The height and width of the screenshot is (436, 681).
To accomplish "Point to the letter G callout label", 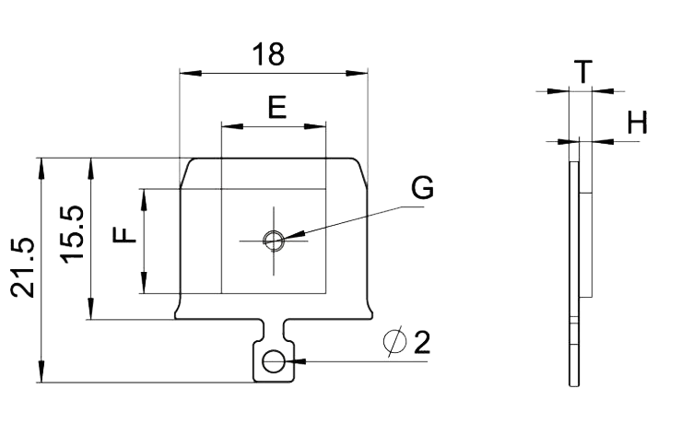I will click(x=422, y=188).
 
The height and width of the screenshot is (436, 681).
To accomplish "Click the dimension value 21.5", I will click(x=22, y=268).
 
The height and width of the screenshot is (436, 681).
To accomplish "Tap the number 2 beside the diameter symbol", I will click(x=421, y=343).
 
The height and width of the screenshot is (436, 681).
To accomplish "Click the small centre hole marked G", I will click(x=273, y=241).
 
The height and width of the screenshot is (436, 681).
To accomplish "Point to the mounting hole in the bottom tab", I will click(x=273, y=361).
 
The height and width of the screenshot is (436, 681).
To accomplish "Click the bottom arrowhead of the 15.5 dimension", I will click(x=91, y=314).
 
